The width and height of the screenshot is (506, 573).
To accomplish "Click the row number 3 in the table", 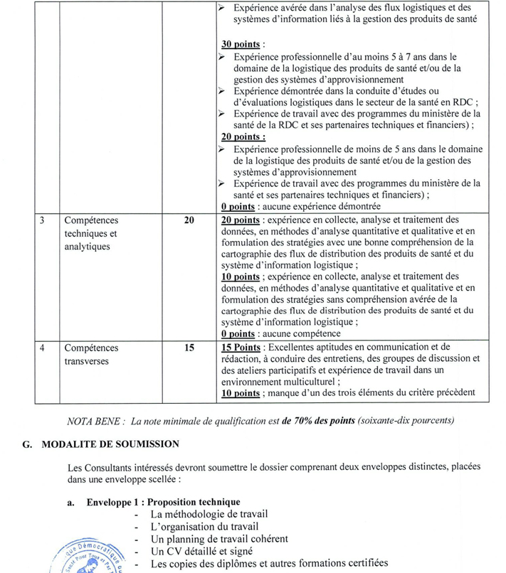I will pos(43,220).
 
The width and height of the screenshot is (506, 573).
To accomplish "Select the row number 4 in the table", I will pos(43,348).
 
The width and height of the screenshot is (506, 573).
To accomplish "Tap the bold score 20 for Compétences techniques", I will pos(189,220).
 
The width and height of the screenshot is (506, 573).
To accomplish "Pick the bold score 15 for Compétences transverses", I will pos(189,348).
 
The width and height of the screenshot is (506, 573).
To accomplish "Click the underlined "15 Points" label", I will pos(241,348).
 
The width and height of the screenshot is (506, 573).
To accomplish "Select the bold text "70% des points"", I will pos(314,421).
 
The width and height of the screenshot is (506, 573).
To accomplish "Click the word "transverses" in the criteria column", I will pos(88,361).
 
